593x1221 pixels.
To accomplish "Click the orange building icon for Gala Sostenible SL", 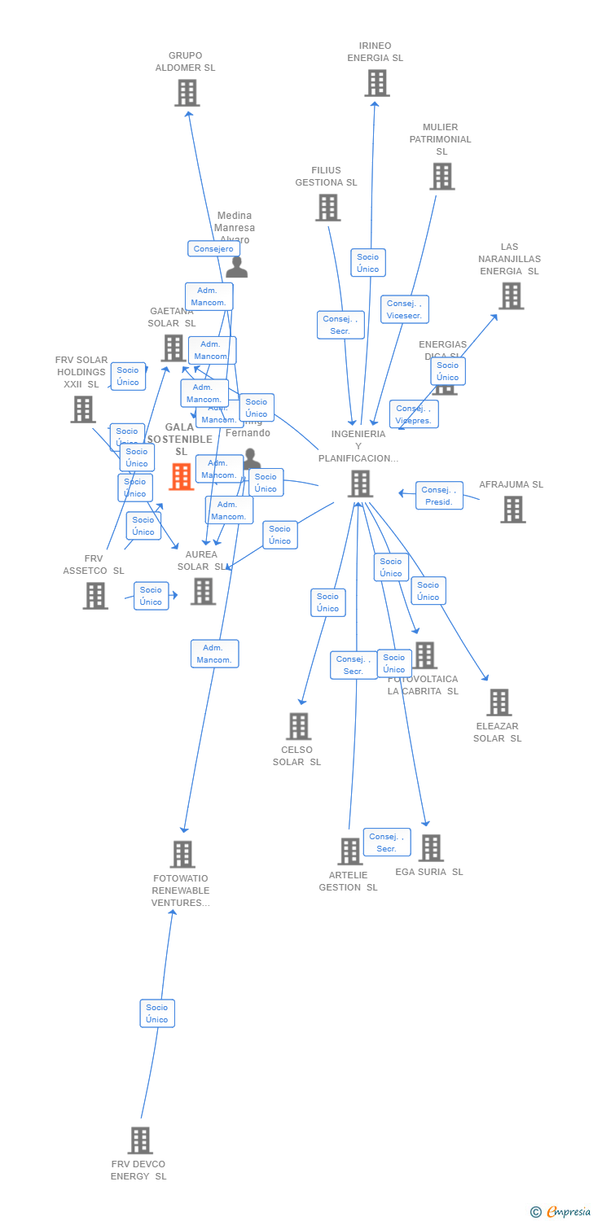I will (x=181, y=477).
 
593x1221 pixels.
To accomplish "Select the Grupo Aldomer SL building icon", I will (x=187, y=93).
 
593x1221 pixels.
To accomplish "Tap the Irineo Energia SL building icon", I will (x=376, y=83).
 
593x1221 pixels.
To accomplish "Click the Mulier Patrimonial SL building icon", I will (x=441, y=177).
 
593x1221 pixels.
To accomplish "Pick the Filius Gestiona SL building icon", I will (x=327, y=208).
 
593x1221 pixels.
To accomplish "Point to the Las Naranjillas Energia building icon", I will (x=511, y=296).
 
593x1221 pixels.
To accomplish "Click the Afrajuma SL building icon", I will (x=512, y=510).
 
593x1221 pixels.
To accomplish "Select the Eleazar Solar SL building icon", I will (x=499, y=702).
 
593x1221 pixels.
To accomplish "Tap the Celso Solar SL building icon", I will (x=299, y=726).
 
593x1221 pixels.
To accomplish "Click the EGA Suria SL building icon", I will (x=431, y=848).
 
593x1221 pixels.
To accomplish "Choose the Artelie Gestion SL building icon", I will (x=349, y=851).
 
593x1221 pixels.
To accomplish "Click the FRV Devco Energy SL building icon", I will (x=140, y=1140).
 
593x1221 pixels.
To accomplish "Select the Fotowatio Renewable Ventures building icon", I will (x=182, y=855).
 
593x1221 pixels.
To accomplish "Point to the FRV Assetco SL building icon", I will (x=95, y=596).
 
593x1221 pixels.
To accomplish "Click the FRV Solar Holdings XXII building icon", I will (x=83, y=409).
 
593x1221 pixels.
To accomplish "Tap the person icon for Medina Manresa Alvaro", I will (x=236, y=267).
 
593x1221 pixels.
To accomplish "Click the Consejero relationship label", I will (x=213, y=249).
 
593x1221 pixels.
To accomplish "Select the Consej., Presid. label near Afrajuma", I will (x=439, y=496).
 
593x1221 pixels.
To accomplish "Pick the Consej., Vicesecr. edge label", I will (x=404, y=309).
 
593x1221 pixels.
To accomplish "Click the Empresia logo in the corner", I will (x=561, y=1212).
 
